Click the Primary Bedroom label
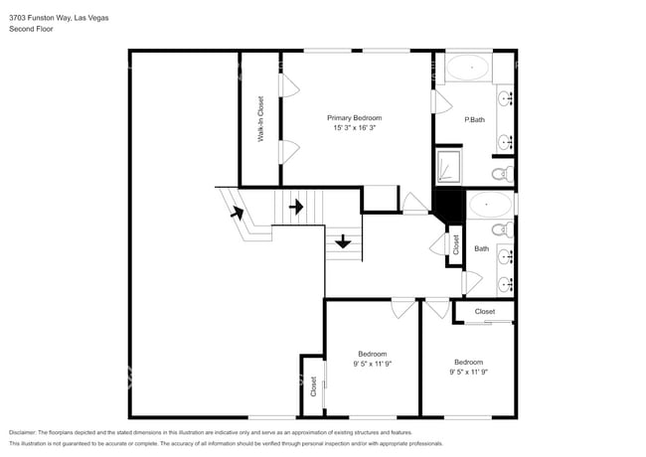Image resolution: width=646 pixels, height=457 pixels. click(x=354, y=117)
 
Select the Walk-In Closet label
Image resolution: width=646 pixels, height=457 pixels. click(x=260, y=119)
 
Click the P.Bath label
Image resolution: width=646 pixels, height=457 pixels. click(x=474, y=120)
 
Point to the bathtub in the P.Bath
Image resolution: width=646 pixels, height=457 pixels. click(x=466, y=70)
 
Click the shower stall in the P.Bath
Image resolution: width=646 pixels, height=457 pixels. click(x=448, y=166)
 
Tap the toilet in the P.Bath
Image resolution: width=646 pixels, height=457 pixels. click(x=502, y=175)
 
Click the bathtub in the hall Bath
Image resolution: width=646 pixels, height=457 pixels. click(x=490, y=206)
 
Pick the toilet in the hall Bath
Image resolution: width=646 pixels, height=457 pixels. click(x=502, y=230)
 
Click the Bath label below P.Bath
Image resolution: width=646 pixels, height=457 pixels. click(x=481, y=249)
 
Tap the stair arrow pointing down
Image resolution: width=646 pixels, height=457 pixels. click(x=343, y=240)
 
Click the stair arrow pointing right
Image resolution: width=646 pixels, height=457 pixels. click(x=296, y=207)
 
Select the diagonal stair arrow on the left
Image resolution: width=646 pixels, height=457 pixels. click(x=238, y=211)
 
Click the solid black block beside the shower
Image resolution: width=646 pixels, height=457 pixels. click(x=450, y=207)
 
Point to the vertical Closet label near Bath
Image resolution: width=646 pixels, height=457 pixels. click(x=455, y=243)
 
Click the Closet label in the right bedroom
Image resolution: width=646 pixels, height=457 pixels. click(x=484, y=312)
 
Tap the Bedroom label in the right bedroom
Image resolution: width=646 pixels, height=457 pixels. click(x=468, y=362)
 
